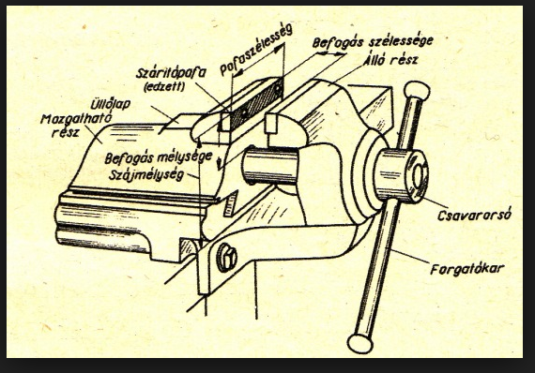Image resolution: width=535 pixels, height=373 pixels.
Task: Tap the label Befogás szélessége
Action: point(373,42)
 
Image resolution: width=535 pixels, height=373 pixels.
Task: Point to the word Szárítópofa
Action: point(171,73)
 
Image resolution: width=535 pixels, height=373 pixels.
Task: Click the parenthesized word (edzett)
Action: point(164,87)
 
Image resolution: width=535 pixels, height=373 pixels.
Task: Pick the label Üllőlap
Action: point(110,104)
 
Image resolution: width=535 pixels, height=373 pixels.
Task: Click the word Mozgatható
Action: point(76,119)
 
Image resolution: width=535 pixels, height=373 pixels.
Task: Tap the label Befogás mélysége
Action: point(159,158)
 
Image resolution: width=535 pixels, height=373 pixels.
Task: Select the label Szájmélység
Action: point(146,174)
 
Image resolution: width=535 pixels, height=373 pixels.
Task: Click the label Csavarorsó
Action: point(474,216)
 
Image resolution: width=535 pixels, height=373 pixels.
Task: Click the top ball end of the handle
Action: point(417,90)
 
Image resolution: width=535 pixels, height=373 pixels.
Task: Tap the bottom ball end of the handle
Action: point(360,343)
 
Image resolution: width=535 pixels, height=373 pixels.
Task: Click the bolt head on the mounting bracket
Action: point(226,257)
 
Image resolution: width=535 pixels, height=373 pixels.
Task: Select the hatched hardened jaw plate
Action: point(256,104)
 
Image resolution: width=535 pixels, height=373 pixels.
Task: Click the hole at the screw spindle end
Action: point(420,177)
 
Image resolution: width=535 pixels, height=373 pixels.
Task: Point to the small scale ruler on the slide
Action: point(231,204)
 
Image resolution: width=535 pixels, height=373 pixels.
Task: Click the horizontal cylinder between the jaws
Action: point(270,166)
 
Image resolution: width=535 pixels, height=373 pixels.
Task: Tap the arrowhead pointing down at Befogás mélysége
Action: point(219,164)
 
